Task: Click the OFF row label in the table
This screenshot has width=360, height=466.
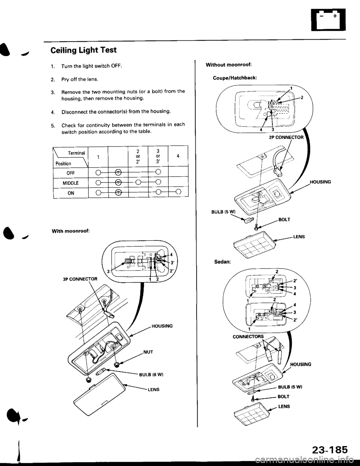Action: point(71,172)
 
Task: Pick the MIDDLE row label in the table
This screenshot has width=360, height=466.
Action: point(71,183)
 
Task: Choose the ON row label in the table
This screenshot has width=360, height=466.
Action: point(71,193)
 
